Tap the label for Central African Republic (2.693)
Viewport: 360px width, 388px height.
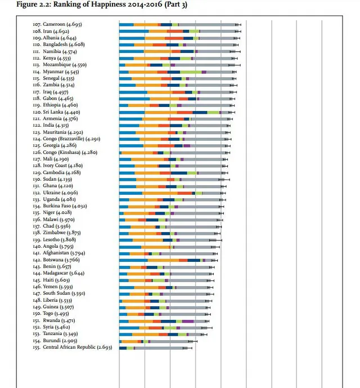73,347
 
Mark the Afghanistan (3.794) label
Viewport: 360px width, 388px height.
60,253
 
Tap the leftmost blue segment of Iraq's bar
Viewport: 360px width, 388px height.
133,92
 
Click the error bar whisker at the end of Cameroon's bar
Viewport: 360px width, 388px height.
238,25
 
